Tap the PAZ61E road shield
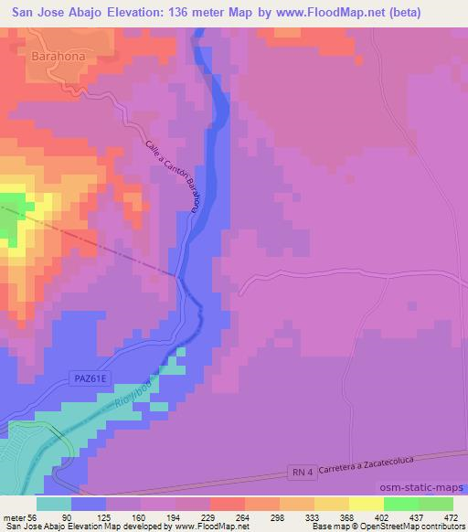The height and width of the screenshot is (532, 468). pos(88,378)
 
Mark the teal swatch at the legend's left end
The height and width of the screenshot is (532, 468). pos(54,504)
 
